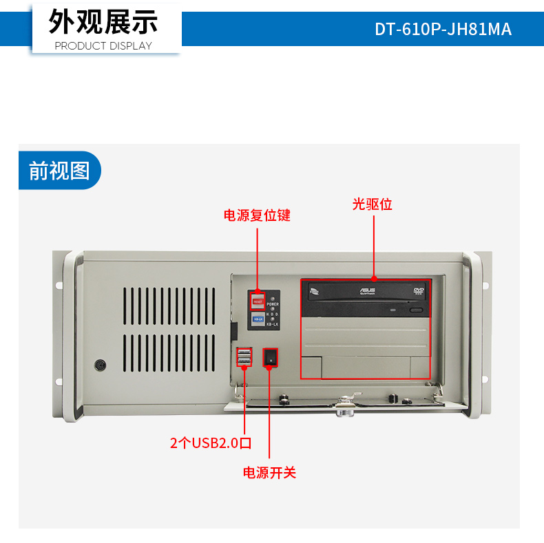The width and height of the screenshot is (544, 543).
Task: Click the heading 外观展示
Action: (x=103, y=22)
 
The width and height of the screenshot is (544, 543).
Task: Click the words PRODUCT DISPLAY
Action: (x=103, y=46)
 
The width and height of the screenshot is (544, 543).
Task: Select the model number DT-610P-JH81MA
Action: (x=443, y=30)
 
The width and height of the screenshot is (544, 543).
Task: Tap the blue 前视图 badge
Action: (x=59, y=171)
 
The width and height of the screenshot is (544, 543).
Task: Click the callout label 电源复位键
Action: (x=257, y=215)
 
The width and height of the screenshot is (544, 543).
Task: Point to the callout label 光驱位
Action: (x=373, y=204)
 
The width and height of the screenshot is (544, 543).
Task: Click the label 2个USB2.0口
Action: (x=211, y=443)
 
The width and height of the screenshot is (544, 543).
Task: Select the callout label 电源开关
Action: (x=269, y=473)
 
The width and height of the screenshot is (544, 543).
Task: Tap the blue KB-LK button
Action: (x=258, y=319)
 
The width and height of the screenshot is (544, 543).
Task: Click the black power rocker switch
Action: (x=271, y=358)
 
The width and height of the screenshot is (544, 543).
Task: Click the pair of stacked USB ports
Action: (x=244, y=357)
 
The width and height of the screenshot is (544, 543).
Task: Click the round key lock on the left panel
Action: (x=101, y=364)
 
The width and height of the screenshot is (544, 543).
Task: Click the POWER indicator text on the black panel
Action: (x=273, y=304)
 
